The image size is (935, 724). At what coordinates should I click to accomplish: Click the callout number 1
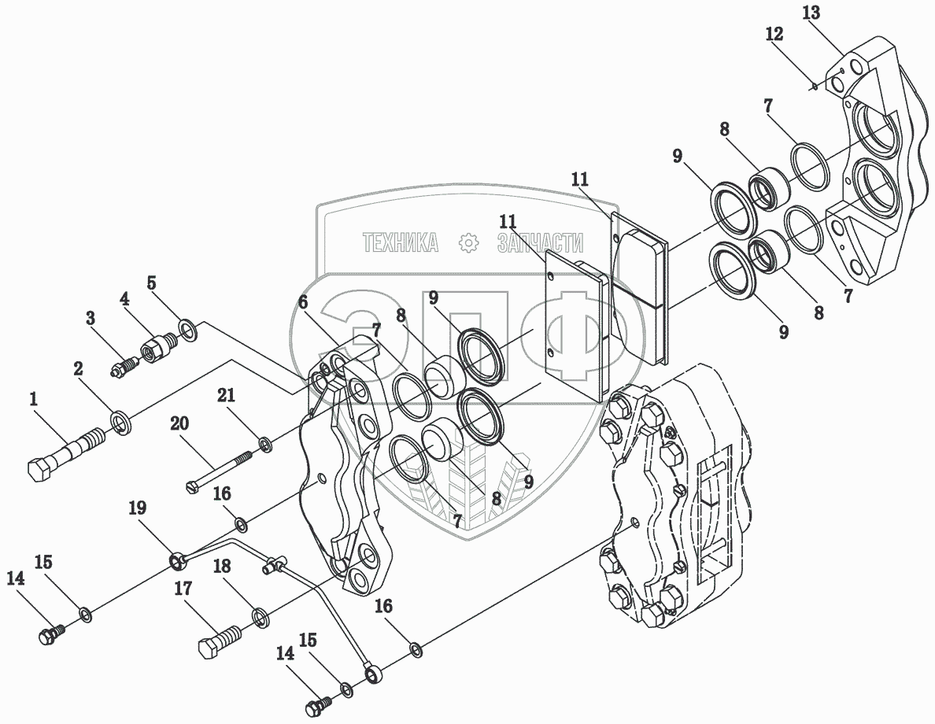[34, 399]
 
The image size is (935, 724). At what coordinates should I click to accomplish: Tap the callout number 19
[138, 508]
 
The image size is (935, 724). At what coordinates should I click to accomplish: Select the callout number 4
[124, 299]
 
